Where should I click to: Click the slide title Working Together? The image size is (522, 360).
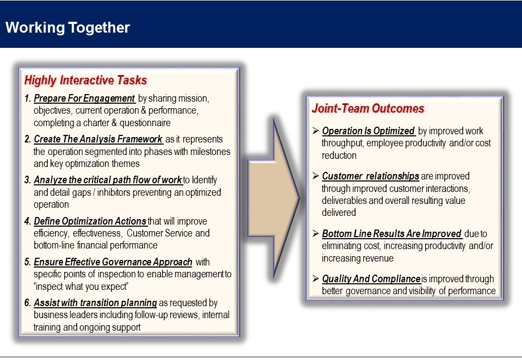pyautogui.click(x=67, y=28)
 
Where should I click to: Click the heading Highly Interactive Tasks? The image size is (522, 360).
pyautogui.click(x=85, y=80)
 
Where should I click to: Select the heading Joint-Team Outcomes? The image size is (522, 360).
pyautogui.click(x=368, y=109)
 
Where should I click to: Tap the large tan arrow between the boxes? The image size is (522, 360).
pyautogui.click(x=274, y=198)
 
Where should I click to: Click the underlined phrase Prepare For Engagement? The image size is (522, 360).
pyautogui.click(x=84, y=98)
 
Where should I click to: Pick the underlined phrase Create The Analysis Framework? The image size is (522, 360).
pyautogui.click(x=98, y=139)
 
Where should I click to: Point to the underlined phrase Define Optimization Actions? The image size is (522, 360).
pyautogui.click(x=90, y=221)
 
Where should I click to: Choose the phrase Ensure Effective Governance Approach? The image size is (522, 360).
pyautogui.click(x=113, y=262)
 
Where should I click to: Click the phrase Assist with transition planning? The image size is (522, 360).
pyautogui.click(x=95, y=303)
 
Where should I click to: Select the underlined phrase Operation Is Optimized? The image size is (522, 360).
pyautogui.click(x=368, y=131)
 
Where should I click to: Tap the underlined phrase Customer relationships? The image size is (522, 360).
pyautogui.click(x=370, y=176)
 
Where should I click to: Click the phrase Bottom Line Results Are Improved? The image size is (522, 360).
pyautogui.click(x=391, y=234)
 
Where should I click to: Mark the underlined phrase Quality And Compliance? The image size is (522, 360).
pyautogui.click(x=371, y=279)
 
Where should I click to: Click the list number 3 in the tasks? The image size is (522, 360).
pyautogui.click(x=27, y=180)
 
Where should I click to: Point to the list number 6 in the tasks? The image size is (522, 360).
pyautogui.click(x=27, y=303)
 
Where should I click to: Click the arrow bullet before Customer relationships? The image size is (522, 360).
pyautogui.click(x=315, y=176)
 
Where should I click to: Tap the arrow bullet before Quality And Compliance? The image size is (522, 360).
pyautogui.click(x=315, y=278)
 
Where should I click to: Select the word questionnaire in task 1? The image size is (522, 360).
pyautogui.click(x=145, y=123)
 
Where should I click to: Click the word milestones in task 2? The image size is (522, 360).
pyautogui.click(x=210, y=152)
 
